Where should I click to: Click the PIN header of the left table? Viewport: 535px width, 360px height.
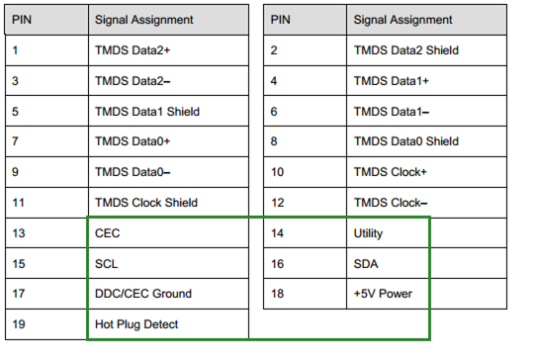[x=22, y=20]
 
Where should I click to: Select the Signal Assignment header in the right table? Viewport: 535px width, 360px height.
[x=402, y=20]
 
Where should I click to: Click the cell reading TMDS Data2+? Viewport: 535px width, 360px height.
[x=133, y=50]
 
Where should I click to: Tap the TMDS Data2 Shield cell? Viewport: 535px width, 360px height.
[x=406, y=50]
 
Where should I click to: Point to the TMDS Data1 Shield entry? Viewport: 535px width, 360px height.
[x=147, y=112]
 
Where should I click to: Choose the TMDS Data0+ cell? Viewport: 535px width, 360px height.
[x=133, y=141]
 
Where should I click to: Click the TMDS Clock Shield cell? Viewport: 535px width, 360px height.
[x=146, y=203]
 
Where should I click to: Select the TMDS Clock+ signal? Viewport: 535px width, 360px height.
[x=390, y=172]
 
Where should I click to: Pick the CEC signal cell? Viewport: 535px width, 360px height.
[x=108, y=233]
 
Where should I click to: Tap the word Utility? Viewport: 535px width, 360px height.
[x=368, y=233]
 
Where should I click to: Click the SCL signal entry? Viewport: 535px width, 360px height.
[x=107, y=264]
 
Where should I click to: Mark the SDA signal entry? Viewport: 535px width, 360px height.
[x=366, y=264]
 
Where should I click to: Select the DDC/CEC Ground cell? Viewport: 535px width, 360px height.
[x=143, y=294]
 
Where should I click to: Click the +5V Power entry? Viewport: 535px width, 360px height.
[x=383, y=294]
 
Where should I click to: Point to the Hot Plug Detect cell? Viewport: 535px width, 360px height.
[x=136, y=324]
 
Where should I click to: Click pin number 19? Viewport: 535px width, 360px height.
[x=19, y=324]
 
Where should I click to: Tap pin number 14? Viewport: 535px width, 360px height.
[x=278, y=233]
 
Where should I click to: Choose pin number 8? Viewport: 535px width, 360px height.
[x=274, y=141]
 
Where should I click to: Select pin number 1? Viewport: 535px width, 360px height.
[x=15, y=50]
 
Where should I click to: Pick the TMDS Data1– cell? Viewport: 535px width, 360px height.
[x=392, y=112]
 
